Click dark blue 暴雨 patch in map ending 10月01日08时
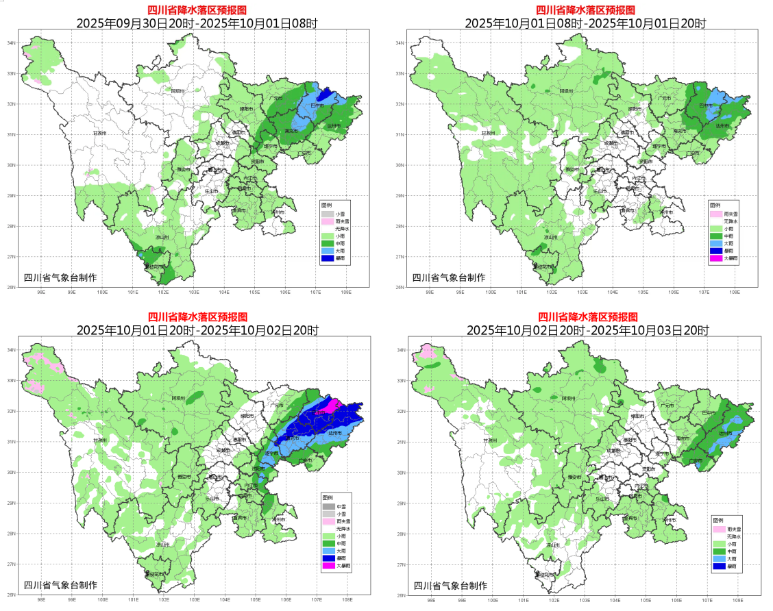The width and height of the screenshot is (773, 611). (326, 92)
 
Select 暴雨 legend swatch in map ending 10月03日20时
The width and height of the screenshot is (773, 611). (718, 566)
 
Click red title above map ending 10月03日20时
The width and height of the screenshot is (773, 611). (587, 317)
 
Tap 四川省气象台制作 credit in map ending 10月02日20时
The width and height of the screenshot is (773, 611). (60, 585)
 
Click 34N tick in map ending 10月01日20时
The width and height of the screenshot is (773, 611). (400, 43)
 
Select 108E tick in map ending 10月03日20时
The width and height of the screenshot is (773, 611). (736, 600)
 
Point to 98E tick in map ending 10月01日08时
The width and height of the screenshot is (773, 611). (430, 292)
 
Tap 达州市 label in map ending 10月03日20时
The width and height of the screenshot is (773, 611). (726, 433)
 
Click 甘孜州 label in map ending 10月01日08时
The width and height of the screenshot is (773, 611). (488, 133)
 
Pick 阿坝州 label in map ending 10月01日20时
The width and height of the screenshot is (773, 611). (566, 91)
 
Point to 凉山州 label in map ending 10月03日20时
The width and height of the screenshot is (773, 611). (550, 545)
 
